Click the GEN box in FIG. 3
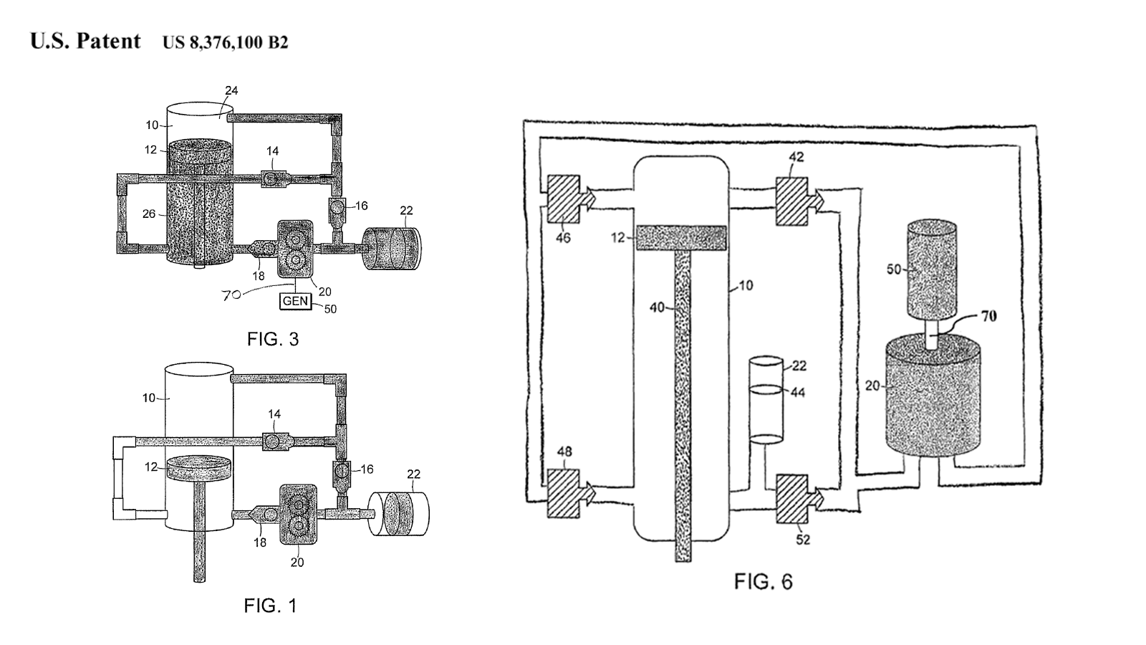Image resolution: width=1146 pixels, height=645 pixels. tap(296, 301)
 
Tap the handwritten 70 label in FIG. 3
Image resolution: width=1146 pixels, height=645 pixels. tap(231, 295)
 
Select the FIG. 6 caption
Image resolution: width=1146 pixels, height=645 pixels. tap(764, 581)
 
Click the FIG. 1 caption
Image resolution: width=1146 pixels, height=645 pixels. tap(270, 606)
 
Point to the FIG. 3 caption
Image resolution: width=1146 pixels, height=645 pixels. tap(273, 339)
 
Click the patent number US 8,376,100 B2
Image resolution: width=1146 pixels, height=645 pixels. tap(226, 42)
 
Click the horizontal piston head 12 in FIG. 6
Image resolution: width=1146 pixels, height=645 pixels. tap(681, 238)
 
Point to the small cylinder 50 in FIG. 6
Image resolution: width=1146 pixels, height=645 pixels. tap(932, 269)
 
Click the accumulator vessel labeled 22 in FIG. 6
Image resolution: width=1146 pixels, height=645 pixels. tap(766, 400)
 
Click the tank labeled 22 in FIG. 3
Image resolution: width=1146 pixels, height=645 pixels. tap(392, 248)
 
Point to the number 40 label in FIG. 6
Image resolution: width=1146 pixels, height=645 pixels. tap(657, 307)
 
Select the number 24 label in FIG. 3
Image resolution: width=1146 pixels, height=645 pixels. tap(232, 90)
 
